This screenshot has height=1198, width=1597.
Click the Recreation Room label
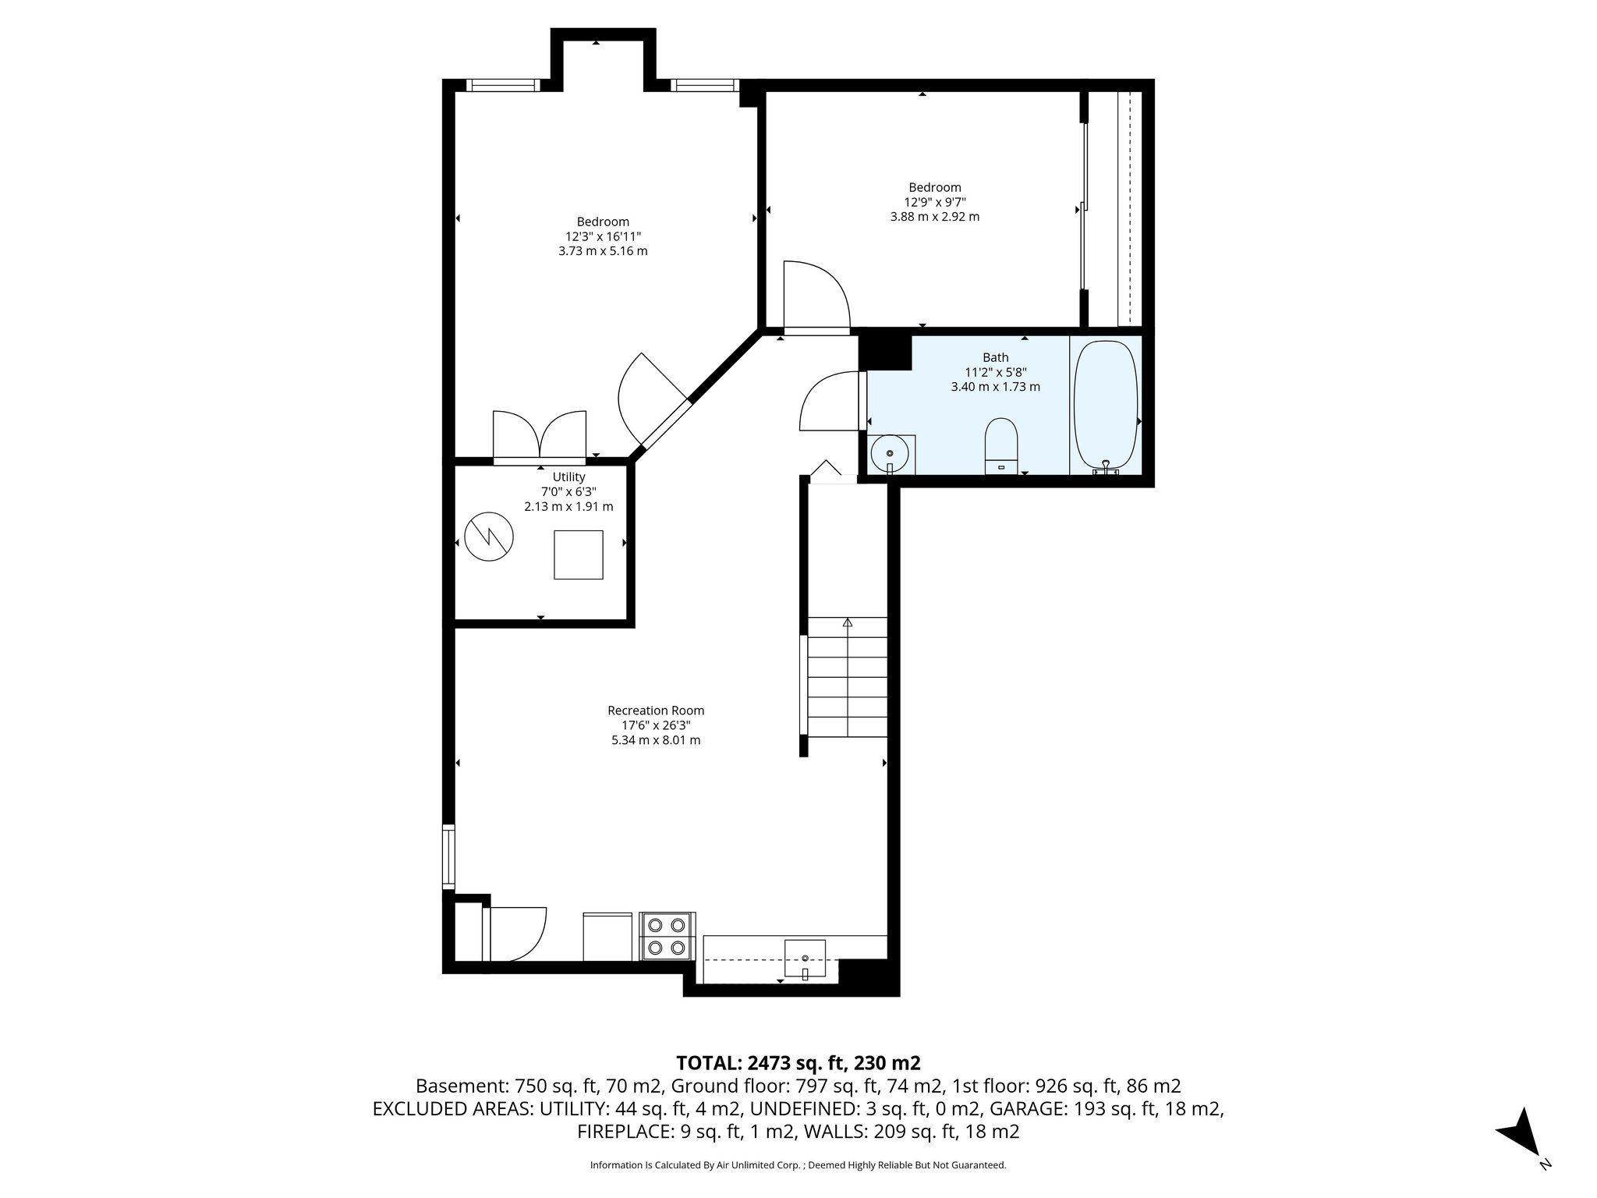(656, 711)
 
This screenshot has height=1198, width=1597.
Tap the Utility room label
(568, 477)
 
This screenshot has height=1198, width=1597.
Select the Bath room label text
(995, 358)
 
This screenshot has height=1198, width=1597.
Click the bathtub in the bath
(1106, 406)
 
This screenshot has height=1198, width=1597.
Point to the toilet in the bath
(1001, 445)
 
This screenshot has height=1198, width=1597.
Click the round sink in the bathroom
(890, 453)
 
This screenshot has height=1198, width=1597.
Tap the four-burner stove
(667, 937)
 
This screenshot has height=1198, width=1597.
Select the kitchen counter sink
(805, 958)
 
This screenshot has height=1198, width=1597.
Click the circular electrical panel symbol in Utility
(489, 537)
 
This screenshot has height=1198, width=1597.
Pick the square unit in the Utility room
(578, 555)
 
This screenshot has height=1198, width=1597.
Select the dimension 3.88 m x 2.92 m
(934, 217)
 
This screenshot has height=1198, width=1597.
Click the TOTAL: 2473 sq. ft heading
(798, 1062)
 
